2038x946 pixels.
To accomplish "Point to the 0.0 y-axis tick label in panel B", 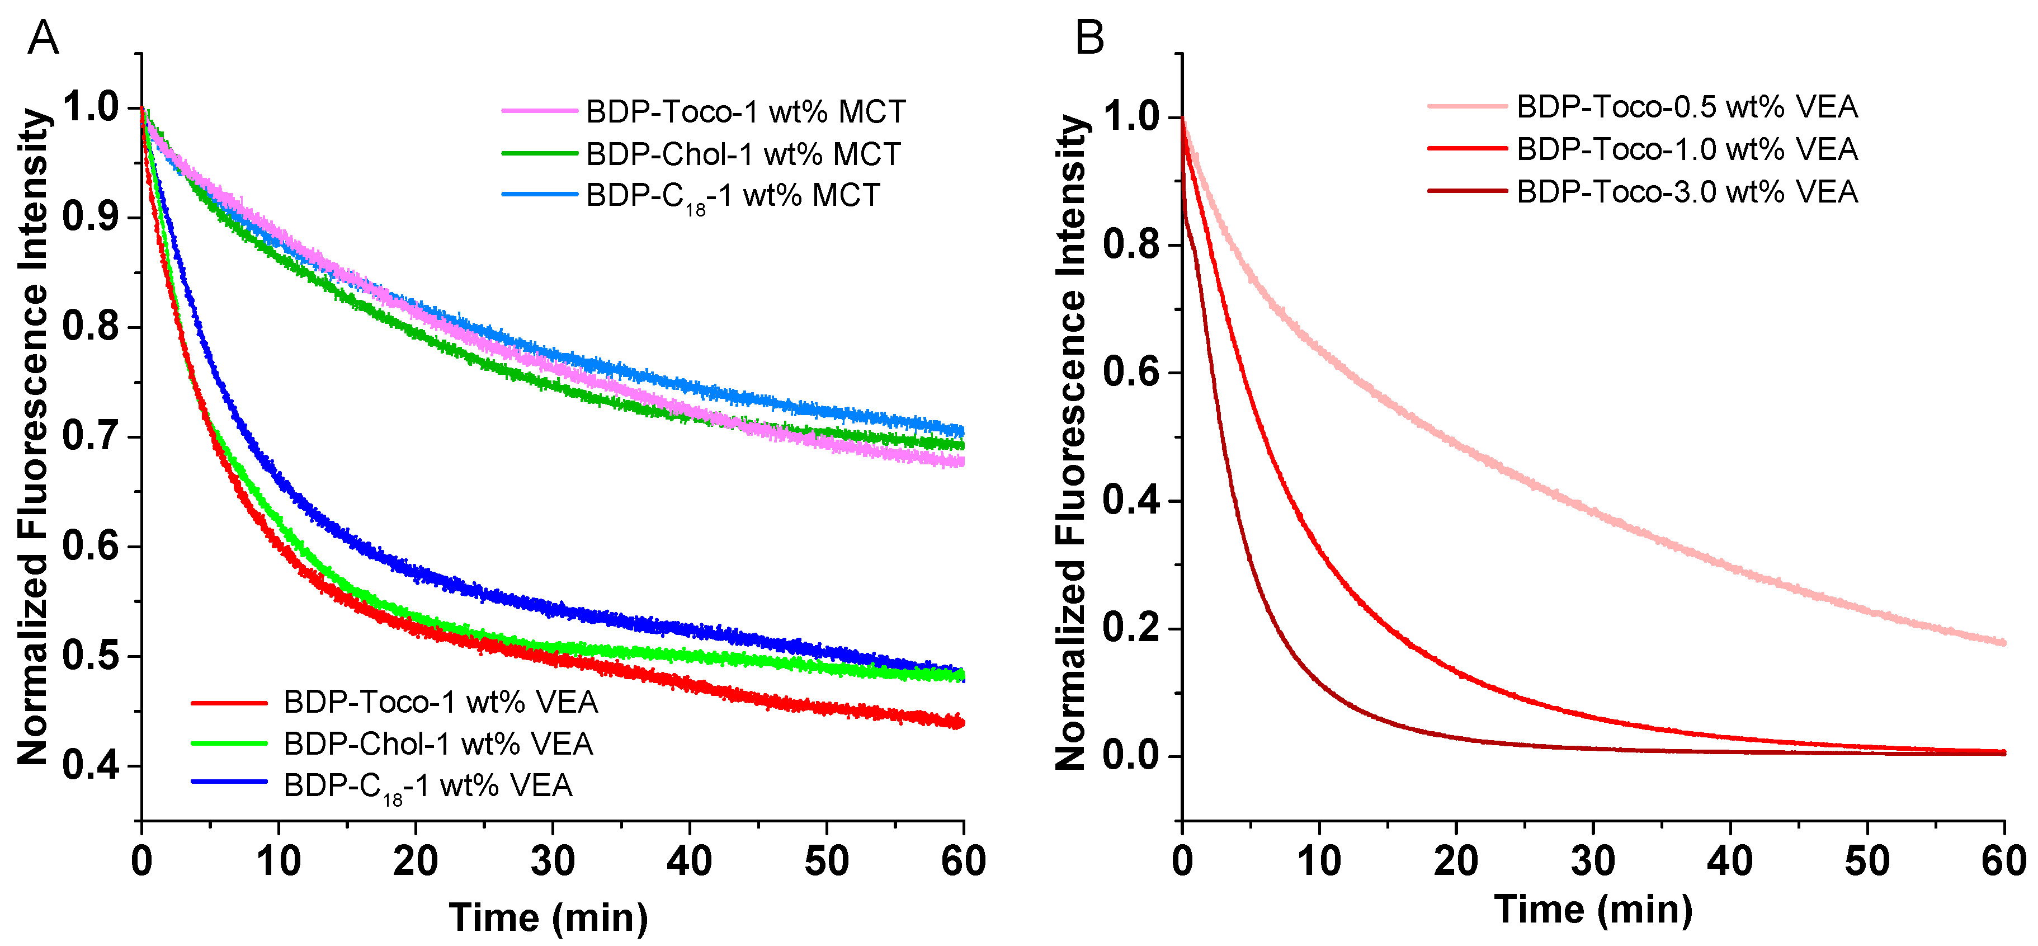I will pyautogui.click(x=1130, y=756).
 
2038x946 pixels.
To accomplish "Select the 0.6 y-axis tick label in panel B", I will pyautogui.click(x=1130, y=372).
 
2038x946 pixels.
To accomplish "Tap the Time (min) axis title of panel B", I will pyautogui.click(x=1593, y=909).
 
